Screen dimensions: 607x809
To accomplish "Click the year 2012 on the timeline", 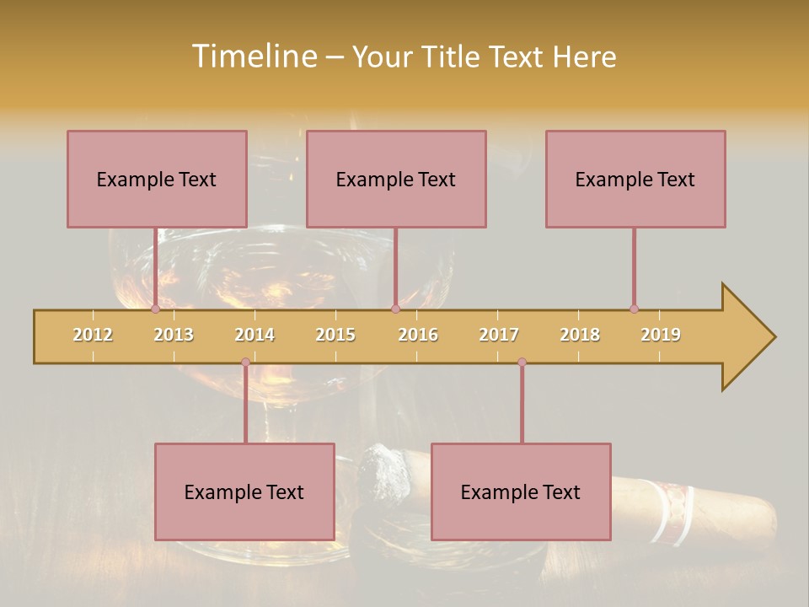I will pyautogui.click(x=93, y=335).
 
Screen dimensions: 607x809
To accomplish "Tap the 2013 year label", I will pyautogui.click(x=174, y=335).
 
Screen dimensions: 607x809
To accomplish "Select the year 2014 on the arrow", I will pyautogui.click(x=254, y=335).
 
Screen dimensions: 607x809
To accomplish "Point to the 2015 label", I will pyautogui.click(x=335, y=335).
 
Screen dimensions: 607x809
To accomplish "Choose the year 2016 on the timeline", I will pyautogui.click(x=418, y=335).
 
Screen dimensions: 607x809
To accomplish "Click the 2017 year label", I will pyautogui.click(x=499, y=335).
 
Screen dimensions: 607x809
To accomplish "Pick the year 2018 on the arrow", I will pyautogui.click(x=580, y=335).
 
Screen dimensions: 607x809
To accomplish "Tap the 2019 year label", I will pyautogui.click(x=661, y=335).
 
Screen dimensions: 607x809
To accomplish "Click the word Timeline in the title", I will pyautogui.click(x=253, y=56).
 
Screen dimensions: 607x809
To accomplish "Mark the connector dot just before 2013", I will pyautogui.click(x=155, y=309).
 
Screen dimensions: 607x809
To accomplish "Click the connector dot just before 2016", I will pyautogui.click(x=395, y=309).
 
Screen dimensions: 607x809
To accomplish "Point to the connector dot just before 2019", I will pyautogui.click(x=634, y=309).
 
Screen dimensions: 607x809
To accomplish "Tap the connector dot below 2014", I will pyautogui.click(x=245, y=363).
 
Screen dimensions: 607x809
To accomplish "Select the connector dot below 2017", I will pyautogui.click(x=522, y=363).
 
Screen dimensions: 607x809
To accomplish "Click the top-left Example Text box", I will pyautogui.click(x=157, y=179).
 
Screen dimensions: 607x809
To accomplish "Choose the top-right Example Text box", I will pyautogui.click(x=635, y=179).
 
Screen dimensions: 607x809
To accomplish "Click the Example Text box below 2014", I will pyautogui.click(x=244, y=492).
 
